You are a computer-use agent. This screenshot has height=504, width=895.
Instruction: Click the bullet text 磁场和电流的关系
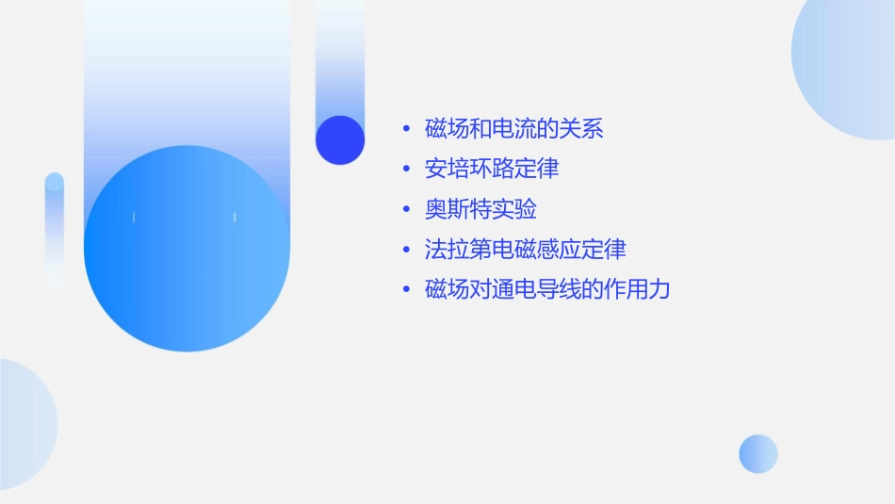point(514,129)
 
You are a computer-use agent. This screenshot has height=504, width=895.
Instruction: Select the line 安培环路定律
point(492,170)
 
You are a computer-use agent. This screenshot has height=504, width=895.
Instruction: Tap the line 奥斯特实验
point(480,209)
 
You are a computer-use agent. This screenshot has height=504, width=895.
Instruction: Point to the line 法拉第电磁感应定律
point(526,250)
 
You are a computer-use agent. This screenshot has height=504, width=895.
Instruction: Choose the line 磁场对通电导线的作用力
point(547,289)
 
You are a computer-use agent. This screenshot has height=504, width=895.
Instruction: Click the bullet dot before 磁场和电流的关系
point(406,129)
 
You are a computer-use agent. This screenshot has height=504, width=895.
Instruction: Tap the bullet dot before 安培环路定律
point(406,170)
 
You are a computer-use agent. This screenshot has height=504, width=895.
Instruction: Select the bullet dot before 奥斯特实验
point(406,209)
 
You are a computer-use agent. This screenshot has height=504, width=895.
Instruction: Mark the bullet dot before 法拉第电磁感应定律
point(406,250)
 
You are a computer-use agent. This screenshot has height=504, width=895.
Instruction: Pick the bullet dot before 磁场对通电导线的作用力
point(406,289)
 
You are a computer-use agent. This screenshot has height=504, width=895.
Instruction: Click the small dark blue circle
point(340,139)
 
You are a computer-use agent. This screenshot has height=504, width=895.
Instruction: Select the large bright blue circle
point(187,249)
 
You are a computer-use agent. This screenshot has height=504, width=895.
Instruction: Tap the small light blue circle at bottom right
point(758,453)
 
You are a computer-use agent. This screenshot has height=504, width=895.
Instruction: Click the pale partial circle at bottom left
point(24,424)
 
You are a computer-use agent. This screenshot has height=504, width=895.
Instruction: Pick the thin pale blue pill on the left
point(55,229)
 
